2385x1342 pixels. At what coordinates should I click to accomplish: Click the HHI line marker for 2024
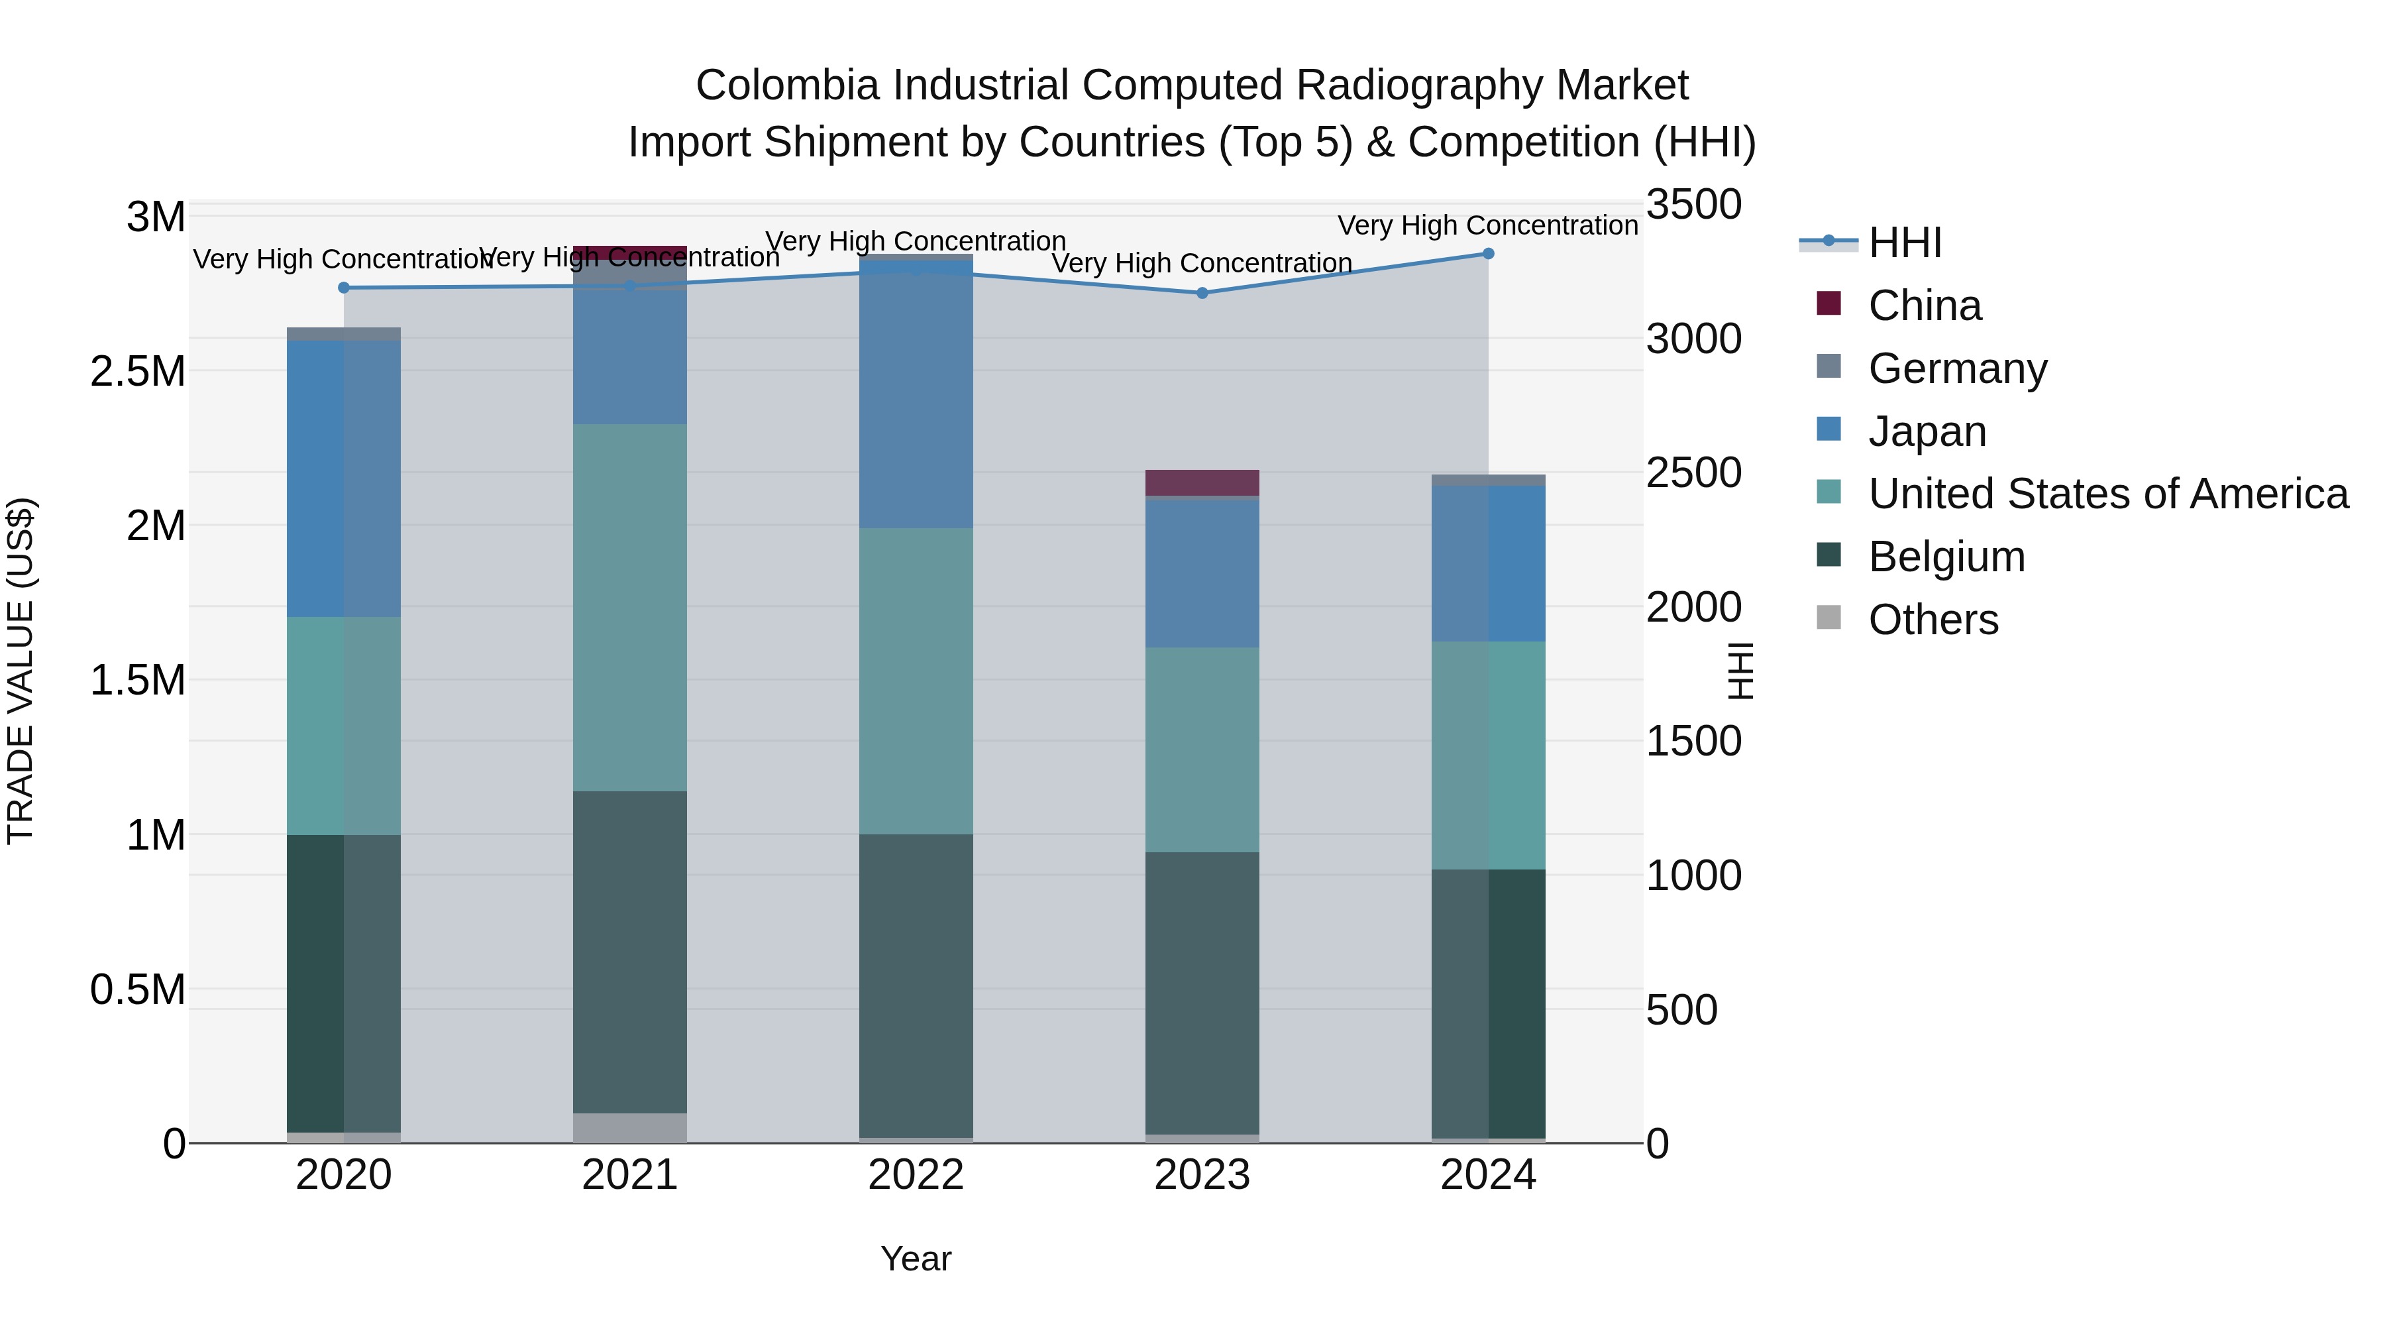1488,254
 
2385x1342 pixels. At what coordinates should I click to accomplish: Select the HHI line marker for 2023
1202,293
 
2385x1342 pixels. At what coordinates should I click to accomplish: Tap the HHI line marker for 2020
343,288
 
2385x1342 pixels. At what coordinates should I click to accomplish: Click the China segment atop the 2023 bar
1202,482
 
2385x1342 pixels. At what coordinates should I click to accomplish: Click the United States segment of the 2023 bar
1202,750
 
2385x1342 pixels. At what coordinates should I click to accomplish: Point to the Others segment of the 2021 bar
629,1127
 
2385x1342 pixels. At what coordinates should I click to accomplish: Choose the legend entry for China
1923,306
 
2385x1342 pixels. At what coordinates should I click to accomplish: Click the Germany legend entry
1956,368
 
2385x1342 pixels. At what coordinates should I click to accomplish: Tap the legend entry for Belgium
1945,557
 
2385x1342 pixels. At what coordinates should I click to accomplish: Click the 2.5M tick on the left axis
138,371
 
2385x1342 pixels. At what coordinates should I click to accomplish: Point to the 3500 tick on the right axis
1693,205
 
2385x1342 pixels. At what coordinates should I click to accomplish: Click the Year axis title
916,1258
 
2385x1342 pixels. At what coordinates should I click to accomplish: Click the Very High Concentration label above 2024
1488,225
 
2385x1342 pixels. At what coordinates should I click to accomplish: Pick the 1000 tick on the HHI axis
1693,875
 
